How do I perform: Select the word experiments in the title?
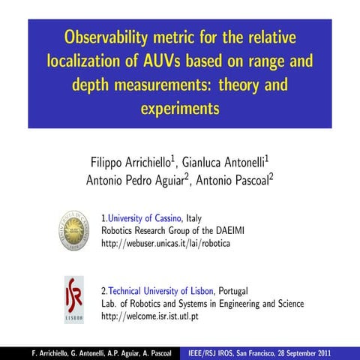180,108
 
